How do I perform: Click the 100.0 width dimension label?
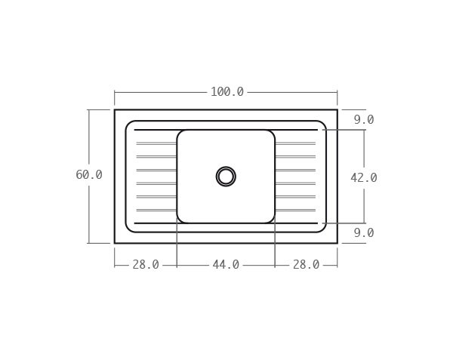point(226,92)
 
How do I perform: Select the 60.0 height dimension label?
point(89,175)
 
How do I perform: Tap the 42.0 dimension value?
point(363,178)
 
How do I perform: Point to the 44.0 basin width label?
point(226,265)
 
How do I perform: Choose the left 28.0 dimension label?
point(146,265)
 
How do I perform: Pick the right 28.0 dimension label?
point(306,265)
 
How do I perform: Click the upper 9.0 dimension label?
point(363,120)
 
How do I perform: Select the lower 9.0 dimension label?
point(363,233)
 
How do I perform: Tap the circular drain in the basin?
point(226,177)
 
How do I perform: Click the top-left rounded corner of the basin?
point(180,133)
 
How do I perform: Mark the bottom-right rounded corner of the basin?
point(272,220)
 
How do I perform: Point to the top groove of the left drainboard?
point(156,143)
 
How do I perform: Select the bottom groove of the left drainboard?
point(156,210)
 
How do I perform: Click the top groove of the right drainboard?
point(295,143)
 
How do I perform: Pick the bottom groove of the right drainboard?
point(295,210)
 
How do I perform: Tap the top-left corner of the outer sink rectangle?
point(115,110)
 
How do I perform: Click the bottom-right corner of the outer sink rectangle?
point(337,243)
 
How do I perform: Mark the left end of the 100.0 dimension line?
point(115,92)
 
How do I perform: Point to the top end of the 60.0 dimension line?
point(89,110)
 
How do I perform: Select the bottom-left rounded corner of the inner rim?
point(129,229)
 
